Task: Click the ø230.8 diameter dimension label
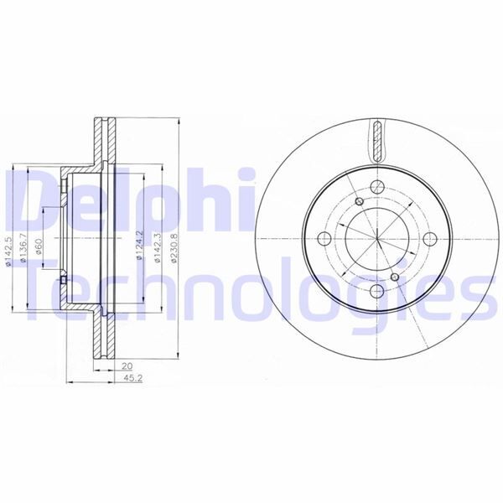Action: [x=174, y=249]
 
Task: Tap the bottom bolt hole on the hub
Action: [x=376, y=291]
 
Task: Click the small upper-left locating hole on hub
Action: [x=358, y=202]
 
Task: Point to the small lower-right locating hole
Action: [x=395, y=274]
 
